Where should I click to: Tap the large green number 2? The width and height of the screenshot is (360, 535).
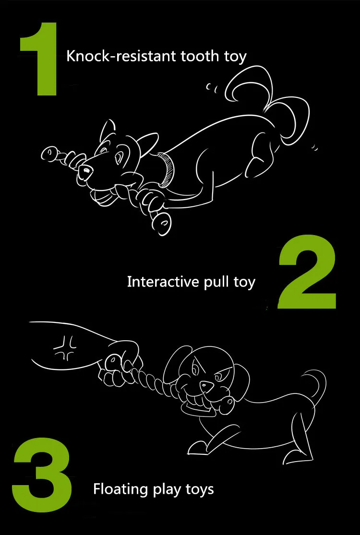coord(307,272)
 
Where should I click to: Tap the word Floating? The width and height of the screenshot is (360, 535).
coord(121,489)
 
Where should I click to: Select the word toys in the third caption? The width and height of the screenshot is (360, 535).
coord(200,490)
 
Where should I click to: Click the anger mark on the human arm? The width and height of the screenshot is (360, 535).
coord(65,347)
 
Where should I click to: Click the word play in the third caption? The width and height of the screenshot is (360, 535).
coord(167,490)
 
